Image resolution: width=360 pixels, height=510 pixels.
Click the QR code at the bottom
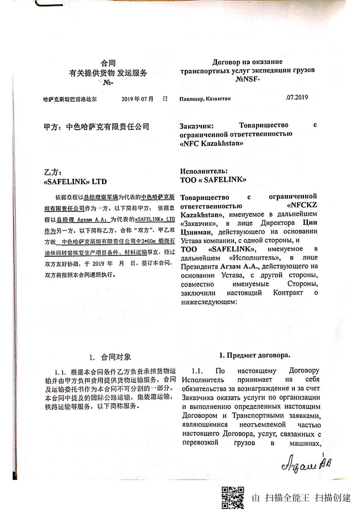coord(232,497)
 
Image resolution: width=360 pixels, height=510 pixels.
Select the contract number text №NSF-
coord(248,80)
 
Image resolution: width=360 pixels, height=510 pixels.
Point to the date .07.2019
coord(296,97)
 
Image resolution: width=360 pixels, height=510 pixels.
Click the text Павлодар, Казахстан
coord(205,99)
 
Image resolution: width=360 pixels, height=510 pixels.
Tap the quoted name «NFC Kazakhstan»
coord(211,144)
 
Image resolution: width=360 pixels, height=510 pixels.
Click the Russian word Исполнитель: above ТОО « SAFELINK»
coord(204,171)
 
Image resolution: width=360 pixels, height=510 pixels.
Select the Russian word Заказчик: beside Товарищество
coord(197,126)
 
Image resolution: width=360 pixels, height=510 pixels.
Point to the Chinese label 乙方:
coord(53,172)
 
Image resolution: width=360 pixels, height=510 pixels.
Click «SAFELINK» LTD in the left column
coord(75,182)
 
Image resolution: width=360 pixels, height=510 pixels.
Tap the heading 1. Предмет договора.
coord(254,355)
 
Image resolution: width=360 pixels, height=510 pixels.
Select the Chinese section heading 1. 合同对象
coord(110,357)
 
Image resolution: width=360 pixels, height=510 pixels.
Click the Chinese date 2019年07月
coord(137,99)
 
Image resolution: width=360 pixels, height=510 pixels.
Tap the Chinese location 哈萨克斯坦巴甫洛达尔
coord(70,99)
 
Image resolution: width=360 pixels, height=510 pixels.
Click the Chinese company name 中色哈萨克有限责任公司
coord(108,127)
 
